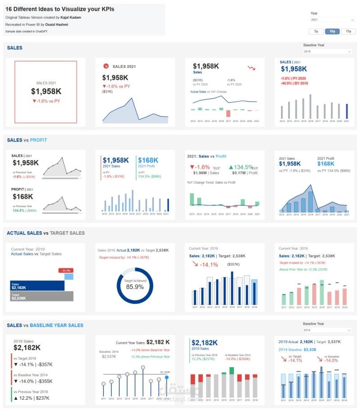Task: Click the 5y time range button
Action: pyautogui.click(x=316, y=31)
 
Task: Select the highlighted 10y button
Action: pyautogui.click(x=332, y=31)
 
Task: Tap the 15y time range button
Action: pyautogui.click(x=348, y=31)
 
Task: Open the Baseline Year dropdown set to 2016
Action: pyautogui.click(x=327, y=52)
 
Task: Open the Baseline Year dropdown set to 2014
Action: pyautogui.click(x=327, y=330)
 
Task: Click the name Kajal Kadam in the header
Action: pyautogui.click(x=64, y=17)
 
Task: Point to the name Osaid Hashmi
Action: pyautogui.click(x=57, y=24)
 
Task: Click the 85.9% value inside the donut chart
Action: pyautogui.click(x=135, y=286)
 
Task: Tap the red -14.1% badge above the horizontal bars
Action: pyautogui.click(x=66, y=270)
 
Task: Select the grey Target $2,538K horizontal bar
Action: pyautogui.click(x=41, y=296)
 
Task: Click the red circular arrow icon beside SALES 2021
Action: pyautogui.click(x=106, y=66)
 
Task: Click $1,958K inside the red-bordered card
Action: pyautogui.click(x=46, y=91)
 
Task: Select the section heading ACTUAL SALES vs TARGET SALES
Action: pyautogui.click(x=45, y=233)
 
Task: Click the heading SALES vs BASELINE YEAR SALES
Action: pyautogui.click(x=45, y=325)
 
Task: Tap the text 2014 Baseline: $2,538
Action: pyautogui.click(x=297, y=349)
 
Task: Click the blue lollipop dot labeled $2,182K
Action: pyautogui.click(x=167, y=377)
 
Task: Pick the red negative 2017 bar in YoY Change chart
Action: pyautogui.click(x=229, y=113)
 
